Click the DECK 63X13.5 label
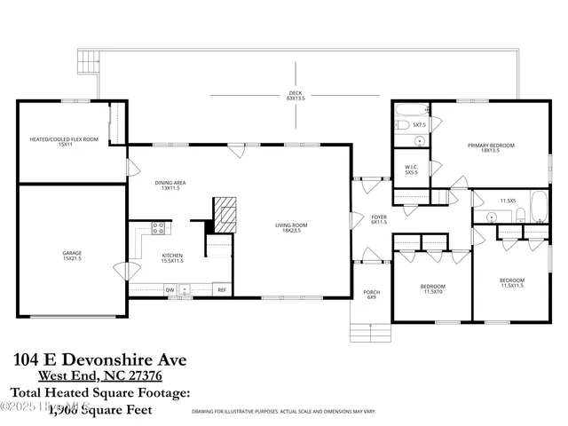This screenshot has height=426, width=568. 296,96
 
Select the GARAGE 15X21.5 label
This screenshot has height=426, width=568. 72,256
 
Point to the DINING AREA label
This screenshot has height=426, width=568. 171,185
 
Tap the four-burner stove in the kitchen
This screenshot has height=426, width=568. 160,229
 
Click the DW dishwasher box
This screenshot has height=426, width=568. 169,289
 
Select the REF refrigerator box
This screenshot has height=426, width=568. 222,289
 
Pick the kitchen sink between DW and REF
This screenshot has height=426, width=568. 185,289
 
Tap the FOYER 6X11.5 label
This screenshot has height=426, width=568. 379,218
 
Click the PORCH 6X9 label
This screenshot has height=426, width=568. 372,294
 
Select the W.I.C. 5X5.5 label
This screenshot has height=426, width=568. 411,169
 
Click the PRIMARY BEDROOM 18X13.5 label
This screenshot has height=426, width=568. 491,147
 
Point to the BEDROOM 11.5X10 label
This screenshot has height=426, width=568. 433,288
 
